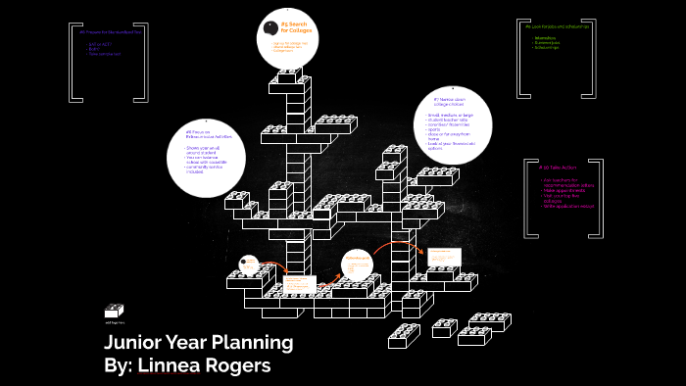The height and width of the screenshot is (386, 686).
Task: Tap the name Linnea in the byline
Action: (x=171, y=364)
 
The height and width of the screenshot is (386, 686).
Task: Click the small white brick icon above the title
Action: (x=114, y=311)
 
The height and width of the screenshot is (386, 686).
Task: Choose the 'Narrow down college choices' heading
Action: (x=447, y=102)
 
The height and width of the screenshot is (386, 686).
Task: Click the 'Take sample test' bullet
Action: (x=105, y=54)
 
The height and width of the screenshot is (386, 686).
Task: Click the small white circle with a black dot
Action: (x=249, y=264)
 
